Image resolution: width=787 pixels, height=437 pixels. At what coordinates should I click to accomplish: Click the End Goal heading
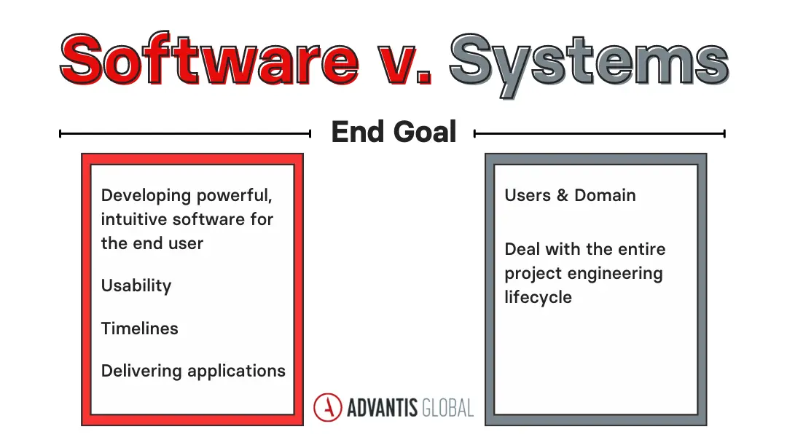click(393, 133)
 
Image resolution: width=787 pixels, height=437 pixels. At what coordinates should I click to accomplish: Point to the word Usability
click(136, 286)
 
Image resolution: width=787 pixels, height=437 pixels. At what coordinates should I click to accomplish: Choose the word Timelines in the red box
click(139, 328)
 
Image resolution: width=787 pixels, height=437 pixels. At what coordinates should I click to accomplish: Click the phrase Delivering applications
click(193, 371)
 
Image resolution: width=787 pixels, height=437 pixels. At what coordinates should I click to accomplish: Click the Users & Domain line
click(570, 195)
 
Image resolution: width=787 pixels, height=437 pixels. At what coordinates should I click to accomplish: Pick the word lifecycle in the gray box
click(538, 298)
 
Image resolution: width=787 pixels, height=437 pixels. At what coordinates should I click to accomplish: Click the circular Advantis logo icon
click(328, 407)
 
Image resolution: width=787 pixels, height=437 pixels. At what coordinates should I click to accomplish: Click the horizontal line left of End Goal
click(185, 133)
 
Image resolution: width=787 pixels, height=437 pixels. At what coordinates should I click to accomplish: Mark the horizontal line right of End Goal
click(600, 133)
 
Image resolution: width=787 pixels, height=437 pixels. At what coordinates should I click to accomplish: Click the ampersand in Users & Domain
click(563, 195)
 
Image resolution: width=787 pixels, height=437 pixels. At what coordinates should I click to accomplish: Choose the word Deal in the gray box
click(522, 249)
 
